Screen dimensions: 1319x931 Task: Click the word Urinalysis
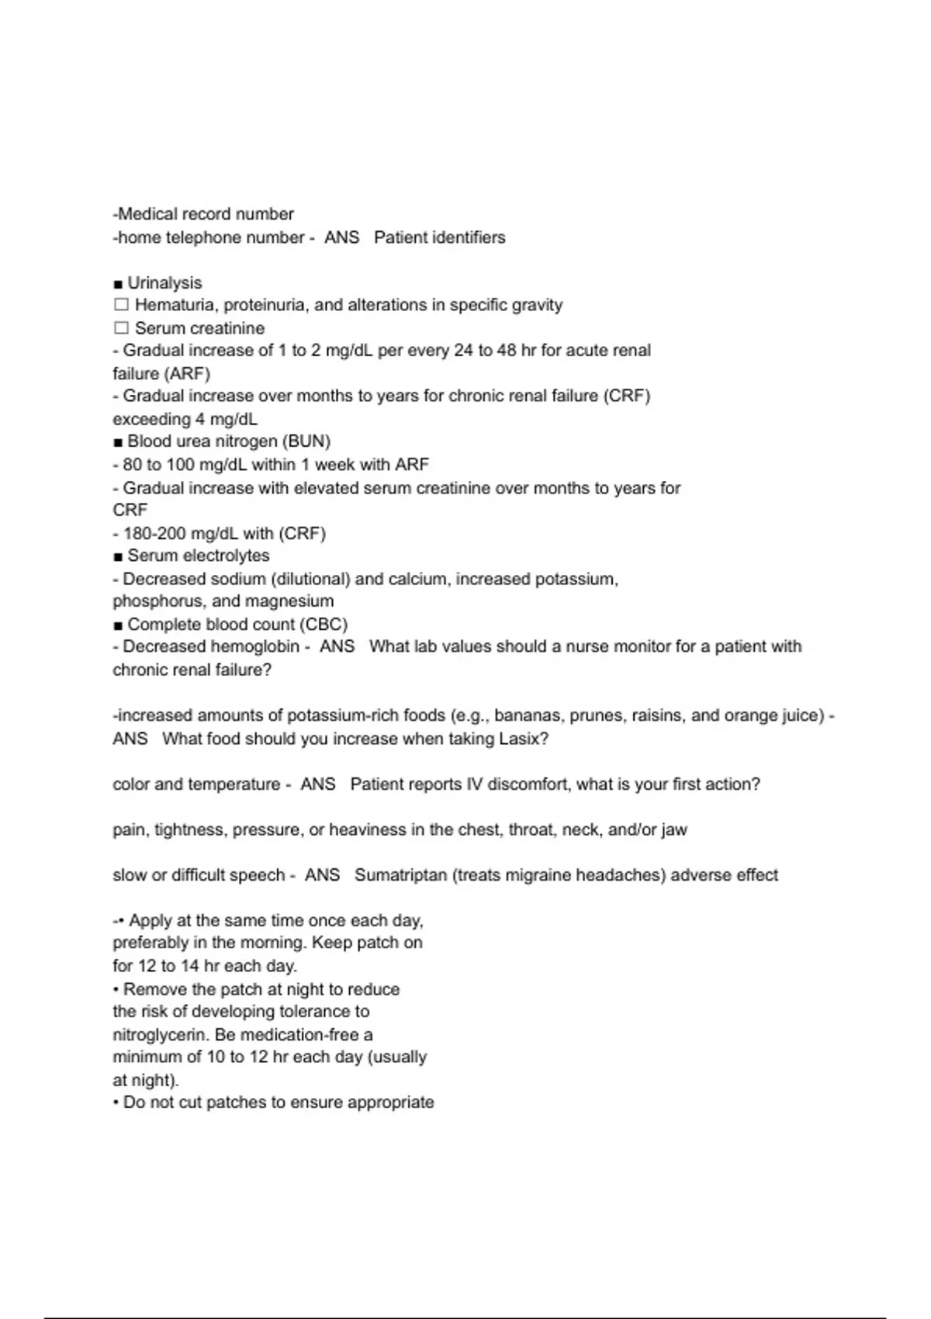click(164, 283)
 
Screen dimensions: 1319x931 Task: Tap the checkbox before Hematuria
click(121, 305)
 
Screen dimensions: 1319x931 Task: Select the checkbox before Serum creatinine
click(121, 328)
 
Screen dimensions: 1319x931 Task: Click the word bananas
click(528, 715)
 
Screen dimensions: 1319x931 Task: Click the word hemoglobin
click(252, 647)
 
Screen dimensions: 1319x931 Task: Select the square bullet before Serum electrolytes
click(118, 556)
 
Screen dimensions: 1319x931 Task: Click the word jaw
click(674, 830)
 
